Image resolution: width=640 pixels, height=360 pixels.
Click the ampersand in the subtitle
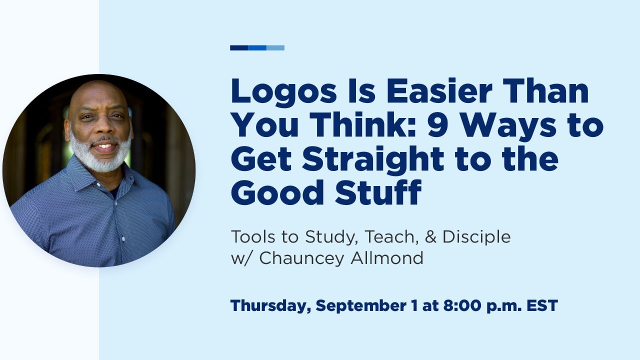point(431,236)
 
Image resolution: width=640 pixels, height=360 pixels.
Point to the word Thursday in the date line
point(270,306)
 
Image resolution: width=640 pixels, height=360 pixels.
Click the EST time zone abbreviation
point(542,306)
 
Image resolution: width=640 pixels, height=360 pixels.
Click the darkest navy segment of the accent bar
point(239,48)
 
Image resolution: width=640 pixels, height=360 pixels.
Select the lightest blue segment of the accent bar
point(275,48)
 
